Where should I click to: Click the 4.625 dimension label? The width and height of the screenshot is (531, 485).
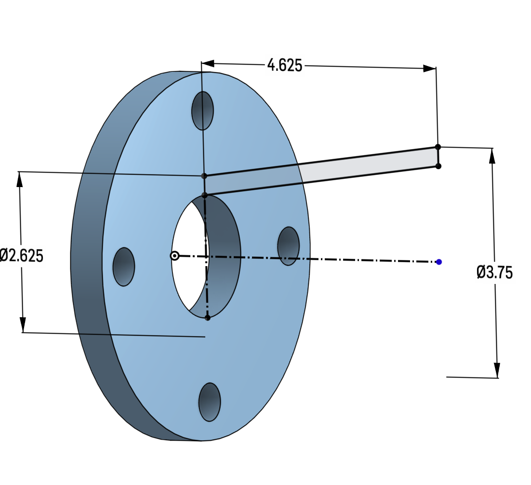tap(284, 65)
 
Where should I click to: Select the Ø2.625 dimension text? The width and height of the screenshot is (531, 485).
tap(22, 256)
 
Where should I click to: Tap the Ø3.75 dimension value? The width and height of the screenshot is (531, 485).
tap(494, 272)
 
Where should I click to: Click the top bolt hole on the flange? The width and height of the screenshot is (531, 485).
tap(202, 111)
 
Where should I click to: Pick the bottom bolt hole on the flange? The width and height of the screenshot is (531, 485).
tap(210, 402)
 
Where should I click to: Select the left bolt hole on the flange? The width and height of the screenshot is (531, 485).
tap(124, 267)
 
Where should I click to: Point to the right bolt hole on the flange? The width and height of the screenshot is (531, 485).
tap(288, 246)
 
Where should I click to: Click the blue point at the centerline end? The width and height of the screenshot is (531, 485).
tap(439, 262)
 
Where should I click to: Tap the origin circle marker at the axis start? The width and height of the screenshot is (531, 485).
tap(174, 256)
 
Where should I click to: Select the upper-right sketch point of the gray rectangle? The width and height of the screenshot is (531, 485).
tap(438, 147)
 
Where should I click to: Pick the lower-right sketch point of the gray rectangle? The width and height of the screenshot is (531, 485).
tap(438, 166)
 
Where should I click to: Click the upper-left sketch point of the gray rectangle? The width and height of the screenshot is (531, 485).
tap(204, 176)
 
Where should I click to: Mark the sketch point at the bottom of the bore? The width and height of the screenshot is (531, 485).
tap(208, 318)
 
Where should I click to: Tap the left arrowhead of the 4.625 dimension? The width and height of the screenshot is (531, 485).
tap(208, 63)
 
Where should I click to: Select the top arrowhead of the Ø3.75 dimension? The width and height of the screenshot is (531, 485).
tap(492, 155)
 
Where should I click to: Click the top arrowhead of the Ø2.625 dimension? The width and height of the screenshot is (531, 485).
tap(20, 179)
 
